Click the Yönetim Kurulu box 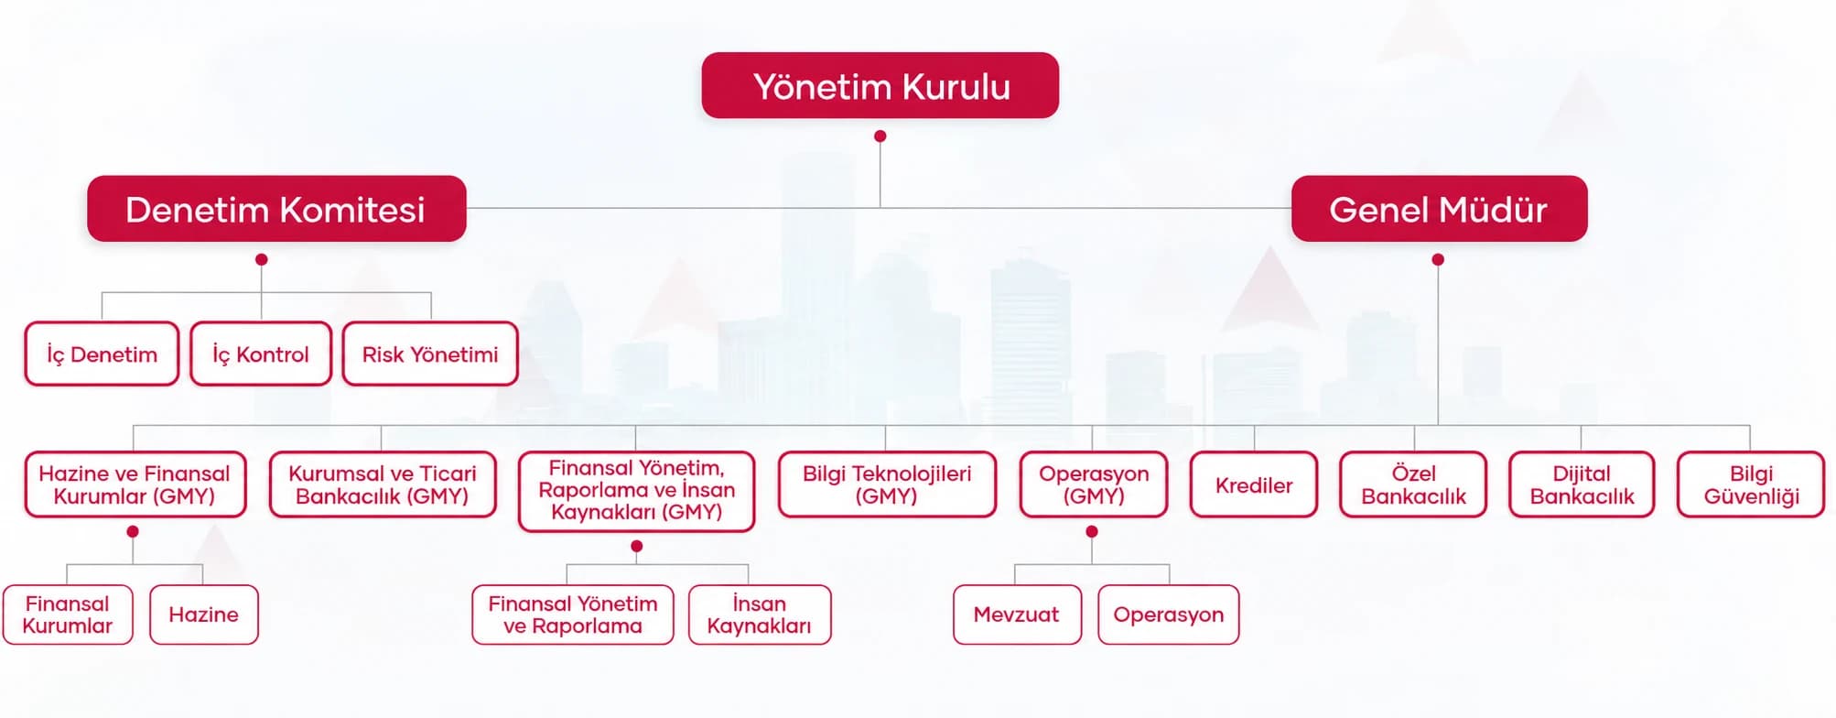pyautogui.click(x=880, y=85)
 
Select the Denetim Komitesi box pyautogui.click(x=276, y=209)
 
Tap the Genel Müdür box pyautogui.click(x=1439, y=209)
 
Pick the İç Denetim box pyautogui.click(x=102, y=354)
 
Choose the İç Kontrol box pyautogui.click(x=261, y=354)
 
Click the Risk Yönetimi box pyautogui.click(x=430, y=354)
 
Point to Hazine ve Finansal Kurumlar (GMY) pyautogui.click(x=135, y=484)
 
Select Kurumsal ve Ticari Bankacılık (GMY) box pyautogui.click(x=383, y=484)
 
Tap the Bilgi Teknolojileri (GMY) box pyautogui.click(x=887, y=484)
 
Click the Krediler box pyautogui.click(x=1254, y=484)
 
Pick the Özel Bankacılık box pyautogui.click(x=1413, y=484)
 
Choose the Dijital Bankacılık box pyautogui.click(x=1582, y=484)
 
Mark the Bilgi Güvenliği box pyautogui.click(x=1751, y=484)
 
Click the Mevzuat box pyautogui.click(x=1017, y=615)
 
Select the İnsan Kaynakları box pyautogui.click(x=760, y=615)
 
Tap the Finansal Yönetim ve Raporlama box pyautogui.click(x=573, y=615)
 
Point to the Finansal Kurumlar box pyautogui.click(x=68, y=615)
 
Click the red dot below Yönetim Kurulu pyautogui.click(x=880, y=136)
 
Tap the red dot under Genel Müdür pyautogui.click(x=1438, y=260)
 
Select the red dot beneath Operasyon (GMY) pyautogui.click(x=1091, y=532)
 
